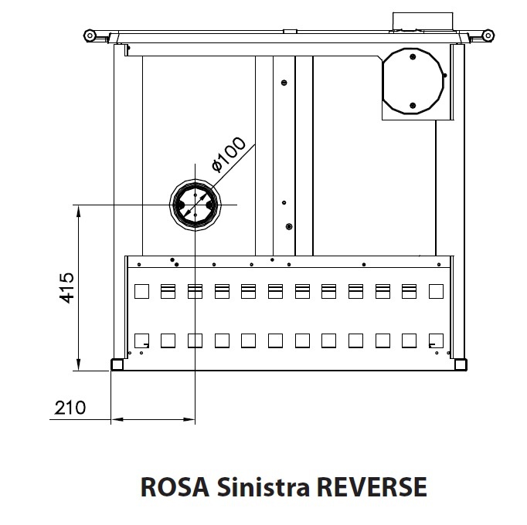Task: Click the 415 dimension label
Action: click(x=66, y=288)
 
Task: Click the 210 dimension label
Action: click(x=70, y=408)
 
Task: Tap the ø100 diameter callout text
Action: click(x=229, y=154)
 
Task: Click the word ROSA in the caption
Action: click(x=175, y=486)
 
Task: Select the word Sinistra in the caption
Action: click(x=263, y=486)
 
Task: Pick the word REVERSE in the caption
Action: click(x=372, y=486)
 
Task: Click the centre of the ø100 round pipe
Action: click(x=195, y=205)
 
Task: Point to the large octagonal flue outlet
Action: click(x=413, y=81)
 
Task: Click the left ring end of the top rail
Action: click(x=90, y=36)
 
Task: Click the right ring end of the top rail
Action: click(x=488, y=36)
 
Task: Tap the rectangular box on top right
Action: click(x=423, y=22)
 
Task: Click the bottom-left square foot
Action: click(x=117, y=364)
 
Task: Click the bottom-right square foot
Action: click(x=461, y=364)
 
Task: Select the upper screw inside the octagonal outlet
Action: click(x=413, y=57)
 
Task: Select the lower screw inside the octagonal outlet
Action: click(x=413, y=106)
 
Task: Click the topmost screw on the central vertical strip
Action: click(x=284, y=83)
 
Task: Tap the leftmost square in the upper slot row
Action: click(x=142, y=291)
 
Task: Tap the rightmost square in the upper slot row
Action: click(x=437, y=291)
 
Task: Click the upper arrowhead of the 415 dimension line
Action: click(x=79, y=212)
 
